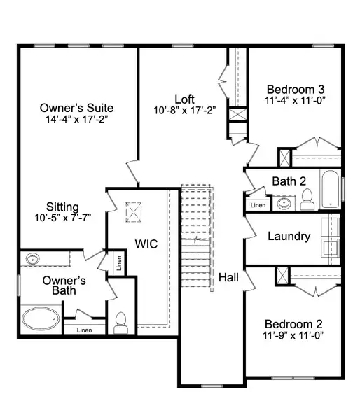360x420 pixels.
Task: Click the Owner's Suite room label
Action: (x=77, y=108)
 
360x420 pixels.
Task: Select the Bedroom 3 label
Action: (x=296, y=89)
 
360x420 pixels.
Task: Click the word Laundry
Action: (x=289, y=236)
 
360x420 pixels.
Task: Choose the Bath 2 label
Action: (x=289, y=181)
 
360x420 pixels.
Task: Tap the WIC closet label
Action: (x=146, y=244)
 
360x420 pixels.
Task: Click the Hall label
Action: (x=228, y=277)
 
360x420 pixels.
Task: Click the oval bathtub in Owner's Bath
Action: (x=41, y=320)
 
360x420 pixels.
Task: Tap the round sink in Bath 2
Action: (x=284, y=204)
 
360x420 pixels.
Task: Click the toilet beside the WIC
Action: (x=120, y=323)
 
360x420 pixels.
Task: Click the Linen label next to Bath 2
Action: (x=258, y=205)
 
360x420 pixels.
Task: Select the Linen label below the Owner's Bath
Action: (x=84, y=330)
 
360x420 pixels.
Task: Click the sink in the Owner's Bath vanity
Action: (x=32, y=259)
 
